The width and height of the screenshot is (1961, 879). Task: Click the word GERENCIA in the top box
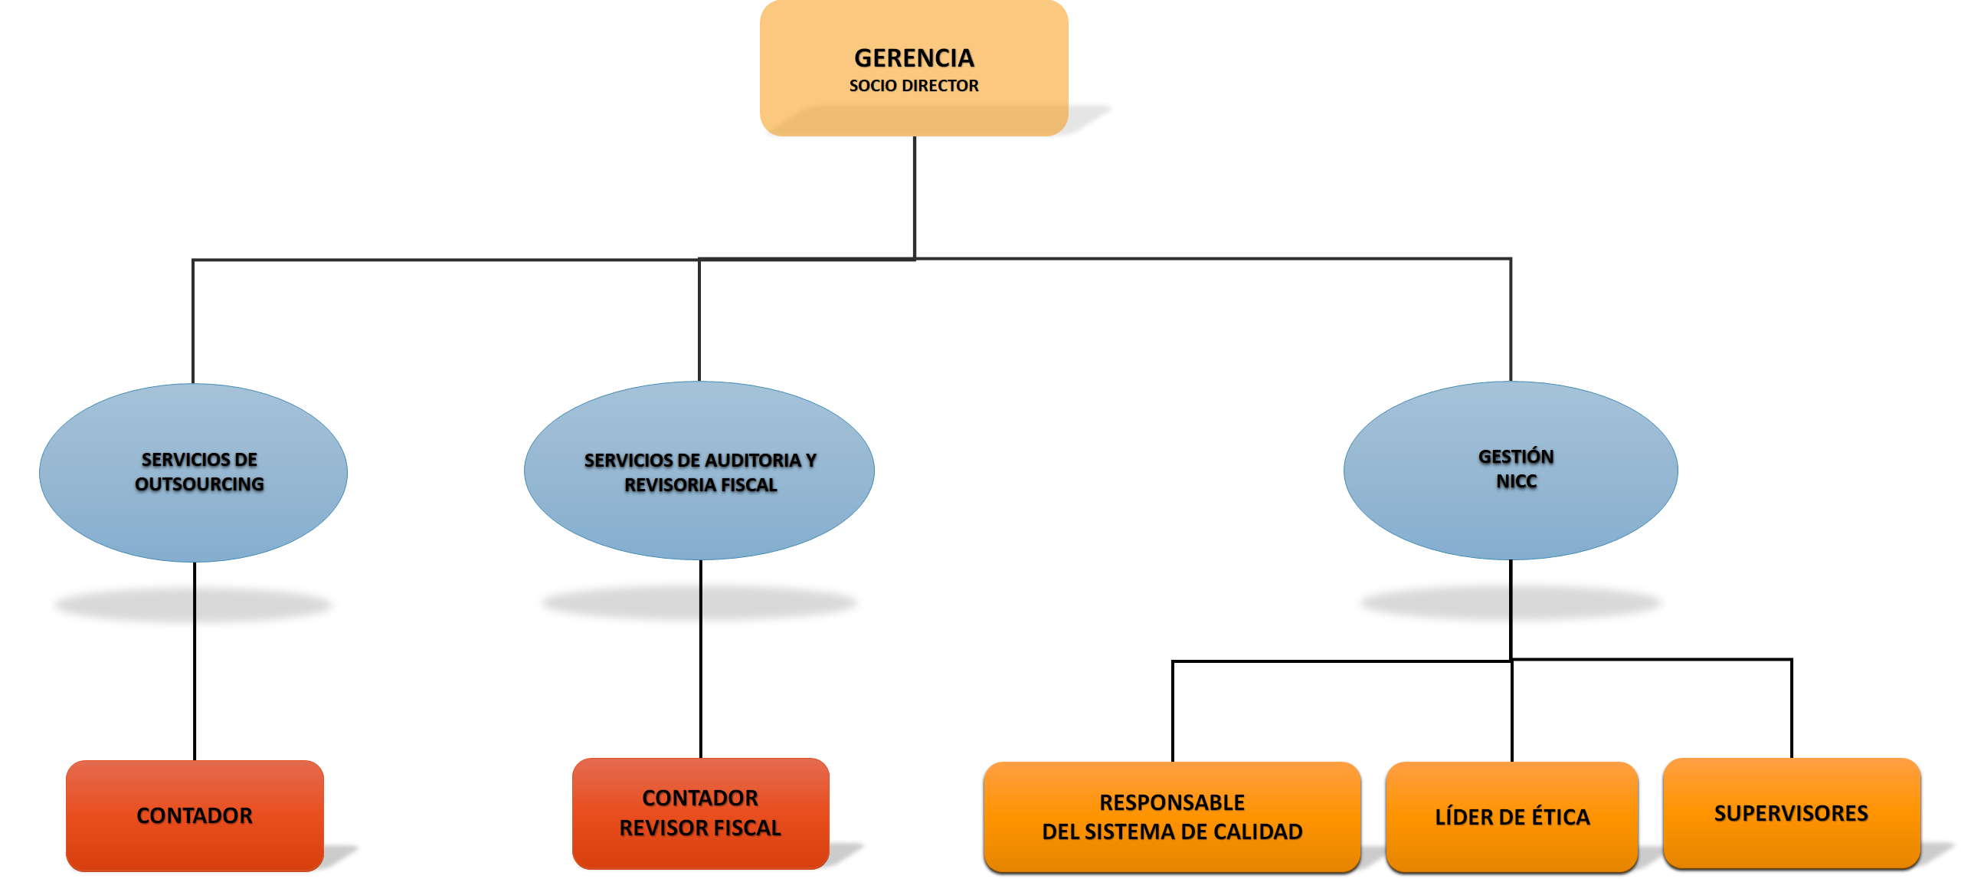[x=914, y=58]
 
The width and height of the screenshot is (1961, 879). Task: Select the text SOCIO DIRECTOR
[x=914, y=86]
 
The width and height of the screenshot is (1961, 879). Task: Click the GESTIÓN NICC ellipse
[x=1511, y=513]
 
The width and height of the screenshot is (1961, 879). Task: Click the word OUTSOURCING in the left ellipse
[x=199, y=484]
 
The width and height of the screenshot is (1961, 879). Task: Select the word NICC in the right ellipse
[x=1517, y=482]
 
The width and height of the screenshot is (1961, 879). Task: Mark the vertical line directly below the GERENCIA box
[x=914, y=195]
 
